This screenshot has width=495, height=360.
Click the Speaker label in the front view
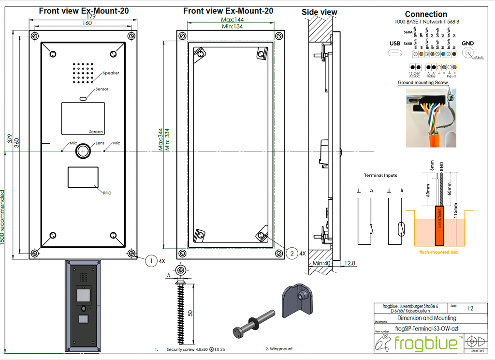(111, 73)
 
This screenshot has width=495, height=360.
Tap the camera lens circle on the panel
(84, 150)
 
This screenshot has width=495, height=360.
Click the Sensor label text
(102, 89)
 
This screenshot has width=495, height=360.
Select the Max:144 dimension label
(232, 19)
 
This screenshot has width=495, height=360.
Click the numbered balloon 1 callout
(151, 261)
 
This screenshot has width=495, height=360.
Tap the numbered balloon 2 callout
(291, 253)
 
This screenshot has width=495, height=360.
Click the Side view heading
(320, 12)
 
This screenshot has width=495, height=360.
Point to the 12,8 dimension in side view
(350, 263)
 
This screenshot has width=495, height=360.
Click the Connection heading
(426, 14)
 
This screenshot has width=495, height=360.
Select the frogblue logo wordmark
(426, 343)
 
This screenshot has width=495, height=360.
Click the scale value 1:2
(469, 308)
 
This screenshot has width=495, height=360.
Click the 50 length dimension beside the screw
(190, 313)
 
